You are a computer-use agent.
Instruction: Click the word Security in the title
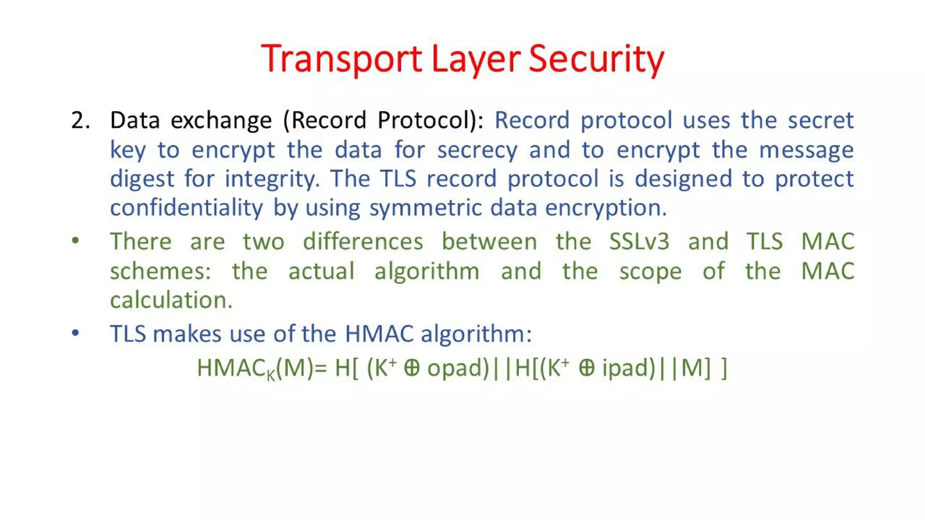coord(596,59)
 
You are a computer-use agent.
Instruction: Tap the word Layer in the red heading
coord(476,59)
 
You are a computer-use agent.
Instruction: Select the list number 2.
coord(80,121)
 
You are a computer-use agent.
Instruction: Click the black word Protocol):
coord(430,121)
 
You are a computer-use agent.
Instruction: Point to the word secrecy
coord(477,150)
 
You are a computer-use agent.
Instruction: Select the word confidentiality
coord(186,208)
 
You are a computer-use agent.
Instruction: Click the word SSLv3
coord(639,241)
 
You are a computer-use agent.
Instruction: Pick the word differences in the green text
coord(363,241)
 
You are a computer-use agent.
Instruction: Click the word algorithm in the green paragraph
coord(427,271)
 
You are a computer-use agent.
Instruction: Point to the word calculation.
coord(171,300)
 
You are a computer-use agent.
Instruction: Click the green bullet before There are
coord(75,241)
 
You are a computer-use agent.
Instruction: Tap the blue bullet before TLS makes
coord(75,333)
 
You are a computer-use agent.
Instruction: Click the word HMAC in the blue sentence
coord(379,334)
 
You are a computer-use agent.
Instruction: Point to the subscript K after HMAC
coord(271,375)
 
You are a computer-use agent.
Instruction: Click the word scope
coord(650,271)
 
